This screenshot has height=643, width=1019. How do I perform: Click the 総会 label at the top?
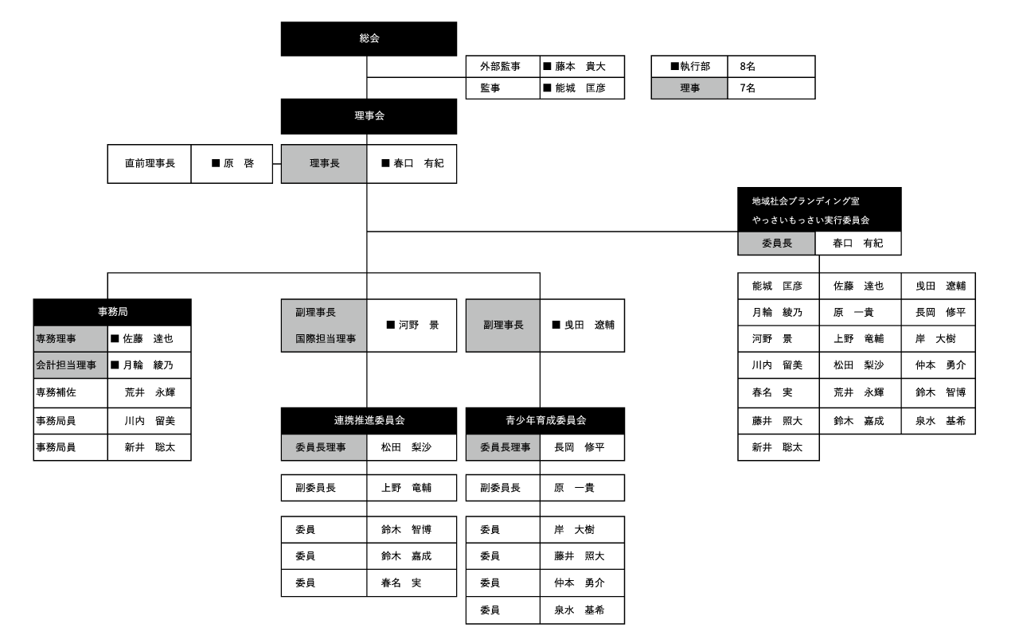point(369,38)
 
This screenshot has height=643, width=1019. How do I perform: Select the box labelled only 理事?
point(689,88)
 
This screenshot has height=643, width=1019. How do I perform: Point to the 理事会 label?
point(369,115)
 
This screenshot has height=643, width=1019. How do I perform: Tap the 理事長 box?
point(324,164)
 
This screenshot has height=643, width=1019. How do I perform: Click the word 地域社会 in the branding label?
point(770,201)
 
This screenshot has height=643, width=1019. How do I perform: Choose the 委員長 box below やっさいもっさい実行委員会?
point(776,244)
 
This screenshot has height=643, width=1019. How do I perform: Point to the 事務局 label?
point(113,312)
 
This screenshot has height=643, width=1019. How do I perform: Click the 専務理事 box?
point(70,339)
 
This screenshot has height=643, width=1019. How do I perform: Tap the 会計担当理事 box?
point(70,365)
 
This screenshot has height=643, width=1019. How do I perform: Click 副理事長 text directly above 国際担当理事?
point(315,313)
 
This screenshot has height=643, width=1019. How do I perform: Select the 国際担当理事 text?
point(326,339)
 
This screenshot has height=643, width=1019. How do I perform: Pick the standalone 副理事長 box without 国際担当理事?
point(503,325)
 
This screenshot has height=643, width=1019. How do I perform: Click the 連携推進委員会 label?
point(369,420)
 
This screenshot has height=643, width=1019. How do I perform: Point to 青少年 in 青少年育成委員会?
point(521,420)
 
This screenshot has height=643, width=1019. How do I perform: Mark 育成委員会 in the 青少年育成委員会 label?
point(561,420)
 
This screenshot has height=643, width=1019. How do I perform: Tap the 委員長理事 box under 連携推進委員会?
point(324,447)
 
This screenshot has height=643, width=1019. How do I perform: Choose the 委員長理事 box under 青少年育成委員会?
point(503,447)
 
